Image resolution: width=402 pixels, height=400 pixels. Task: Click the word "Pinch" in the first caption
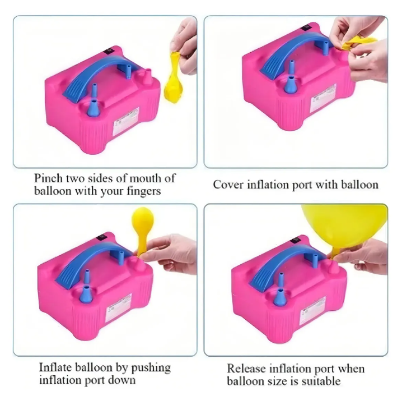48,178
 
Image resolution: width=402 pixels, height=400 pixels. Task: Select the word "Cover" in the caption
227,185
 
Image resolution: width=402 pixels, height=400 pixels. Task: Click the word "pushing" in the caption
152,368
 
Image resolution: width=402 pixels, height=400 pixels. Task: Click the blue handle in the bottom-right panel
286,264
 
